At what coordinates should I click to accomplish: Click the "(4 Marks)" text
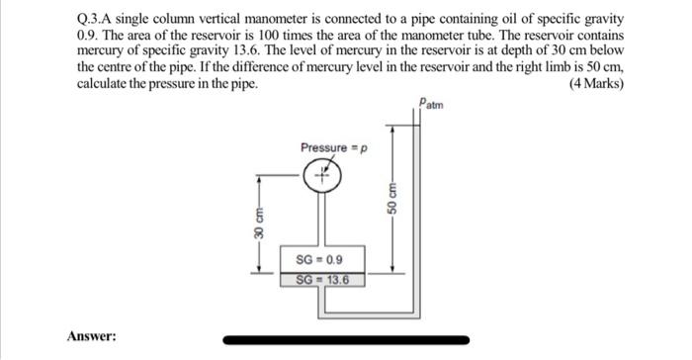point(597,83)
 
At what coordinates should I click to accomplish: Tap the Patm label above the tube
point(431,102)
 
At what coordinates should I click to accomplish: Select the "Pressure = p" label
point(333,147)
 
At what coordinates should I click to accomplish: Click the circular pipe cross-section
point(323,177)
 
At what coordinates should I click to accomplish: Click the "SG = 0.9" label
point(319,259)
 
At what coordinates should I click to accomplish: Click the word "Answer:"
point(91,336)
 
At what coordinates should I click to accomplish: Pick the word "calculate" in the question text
point(103,83)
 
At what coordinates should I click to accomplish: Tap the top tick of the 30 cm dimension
point(257,176)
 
